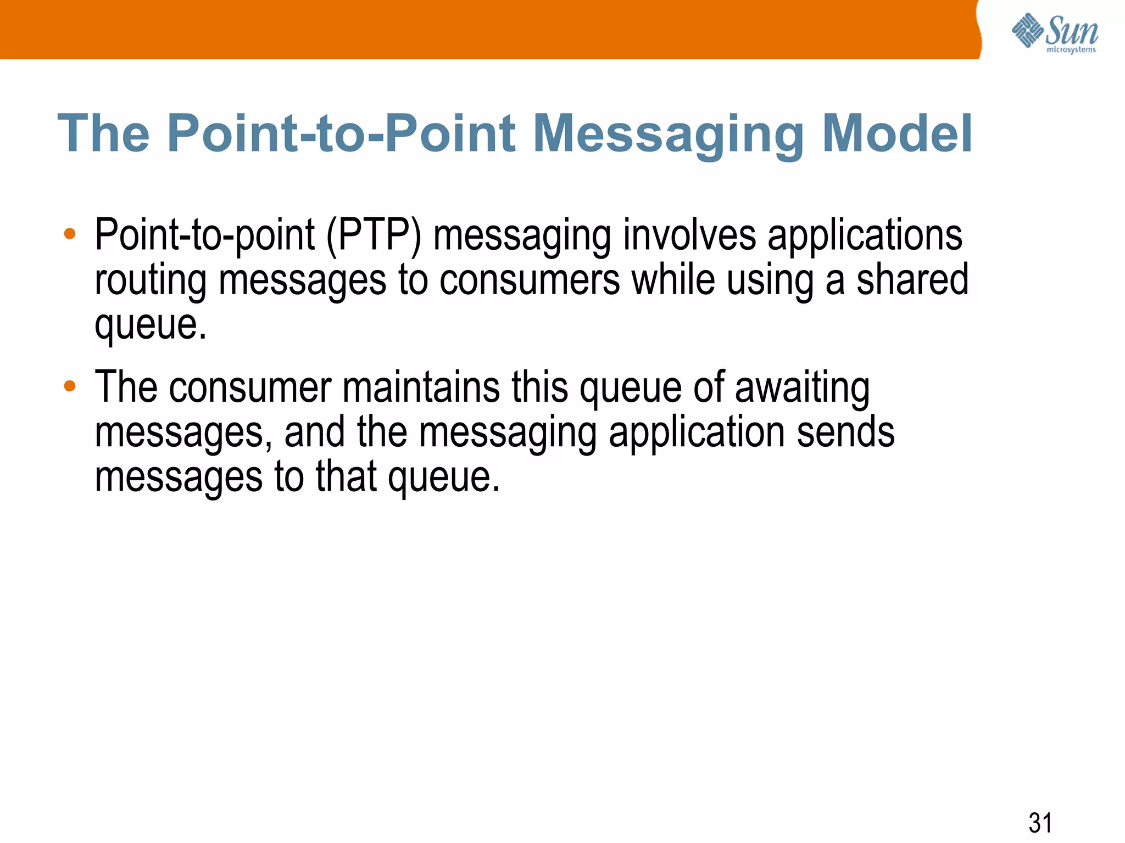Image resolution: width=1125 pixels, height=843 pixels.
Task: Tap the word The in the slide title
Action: point(103,133)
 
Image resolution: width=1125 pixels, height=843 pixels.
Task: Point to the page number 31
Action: point(1040,823)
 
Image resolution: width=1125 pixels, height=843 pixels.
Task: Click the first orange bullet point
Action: point(70,234)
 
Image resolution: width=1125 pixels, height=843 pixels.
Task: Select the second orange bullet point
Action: point(70,386)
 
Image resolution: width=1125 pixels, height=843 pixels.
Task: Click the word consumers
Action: point(529,280)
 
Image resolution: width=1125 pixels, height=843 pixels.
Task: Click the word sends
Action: point(845,432)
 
